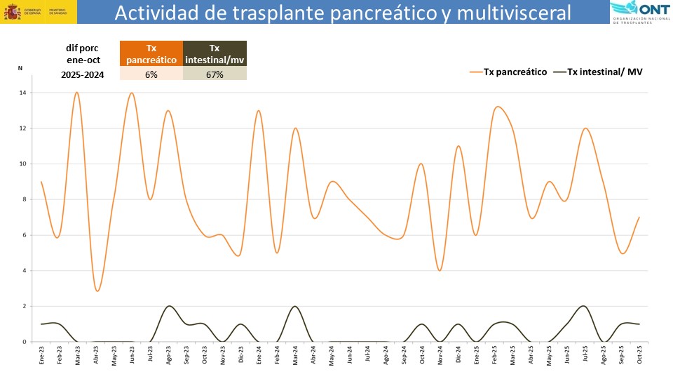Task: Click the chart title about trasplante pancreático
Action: point(343,13)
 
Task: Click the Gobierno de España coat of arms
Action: point(12,12)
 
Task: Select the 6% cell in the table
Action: point(151,74)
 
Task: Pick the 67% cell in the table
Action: point(215,74)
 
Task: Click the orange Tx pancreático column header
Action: point(151,54)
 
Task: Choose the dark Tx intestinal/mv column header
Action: point(215,54)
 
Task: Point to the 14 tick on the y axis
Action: point(23,93)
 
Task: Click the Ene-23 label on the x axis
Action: point(42,354)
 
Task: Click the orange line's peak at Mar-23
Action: point(76,93)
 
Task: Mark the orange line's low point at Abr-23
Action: point(97,291)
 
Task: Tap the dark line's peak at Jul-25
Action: point(583,306)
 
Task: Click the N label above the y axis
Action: point(20,68)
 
